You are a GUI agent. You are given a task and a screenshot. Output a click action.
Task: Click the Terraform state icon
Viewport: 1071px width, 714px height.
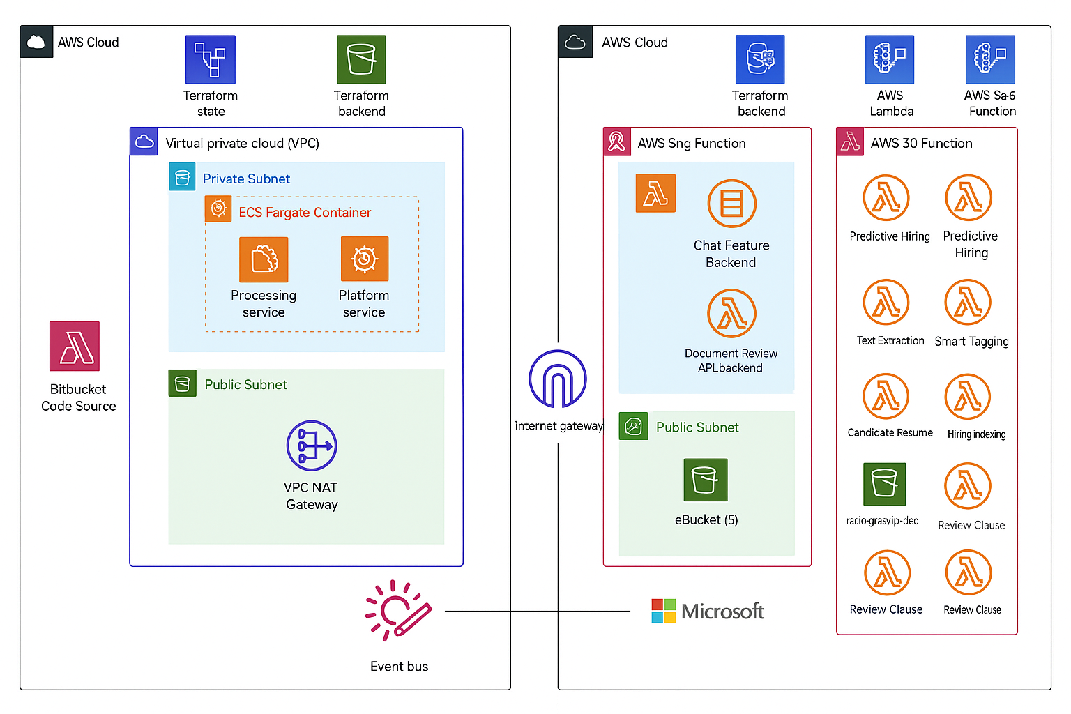click(x=210, y=60)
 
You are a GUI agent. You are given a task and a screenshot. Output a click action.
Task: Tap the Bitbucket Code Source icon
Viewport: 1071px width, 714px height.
click(x=75, y=347)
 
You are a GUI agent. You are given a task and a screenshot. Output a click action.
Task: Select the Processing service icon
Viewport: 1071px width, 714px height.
click(x=264, y=259)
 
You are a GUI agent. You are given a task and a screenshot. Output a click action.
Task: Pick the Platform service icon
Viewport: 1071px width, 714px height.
click(x=364, y=259)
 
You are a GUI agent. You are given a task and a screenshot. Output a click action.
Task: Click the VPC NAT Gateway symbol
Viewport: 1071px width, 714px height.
click(x=312, y=446)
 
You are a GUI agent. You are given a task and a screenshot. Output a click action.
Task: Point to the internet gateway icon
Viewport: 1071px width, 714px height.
click(x=558, y=379)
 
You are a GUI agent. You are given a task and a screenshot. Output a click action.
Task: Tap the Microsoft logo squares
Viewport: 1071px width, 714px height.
click(x=663, y=611)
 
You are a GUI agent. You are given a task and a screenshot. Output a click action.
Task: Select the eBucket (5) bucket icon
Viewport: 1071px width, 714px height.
click(x=706, y=480)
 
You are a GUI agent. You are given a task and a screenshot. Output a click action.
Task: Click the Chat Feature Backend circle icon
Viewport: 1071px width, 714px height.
click(x=731, y=204)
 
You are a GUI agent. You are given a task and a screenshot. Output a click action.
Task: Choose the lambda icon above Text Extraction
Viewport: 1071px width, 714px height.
click(x=886, y=303)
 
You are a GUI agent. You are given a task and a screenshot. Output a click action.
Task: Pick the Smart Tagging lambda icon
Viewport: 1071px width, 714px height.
click(x=968, y=303)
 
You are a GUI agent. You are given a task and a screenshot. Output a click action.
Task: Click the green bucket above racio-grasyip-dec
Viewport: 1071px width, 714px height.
click(x=884, y=484)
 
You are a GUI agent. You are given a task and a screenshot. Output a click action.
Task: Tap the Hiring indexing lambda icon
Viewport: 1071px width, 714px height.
click(x=968, y=397)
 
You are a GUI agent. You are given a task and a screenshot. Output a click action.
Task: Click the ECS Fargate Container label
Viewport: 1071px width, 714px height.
click(x=305, y=213)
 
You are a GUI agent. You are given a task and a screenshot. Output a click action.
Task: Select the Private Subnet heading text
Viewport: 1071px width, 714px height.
click(x=246, y=179)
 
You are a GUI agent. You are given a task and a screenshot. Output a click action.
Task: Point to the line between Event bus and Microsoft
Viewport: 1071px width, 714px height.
click(x=537, y=612)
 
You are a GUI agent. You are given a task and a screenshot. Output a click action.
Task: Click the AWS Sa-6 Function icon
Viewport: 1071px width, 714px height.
click(x=990, y=60)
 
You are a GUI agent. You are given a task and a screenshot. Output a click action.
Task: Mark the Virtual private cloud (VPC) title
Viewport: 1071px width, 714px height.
click(x=242, y=144)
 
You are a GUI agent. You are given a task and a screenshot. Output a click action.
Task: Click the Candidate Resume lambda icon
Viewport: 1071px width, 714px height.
click(x=886, y=397)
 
